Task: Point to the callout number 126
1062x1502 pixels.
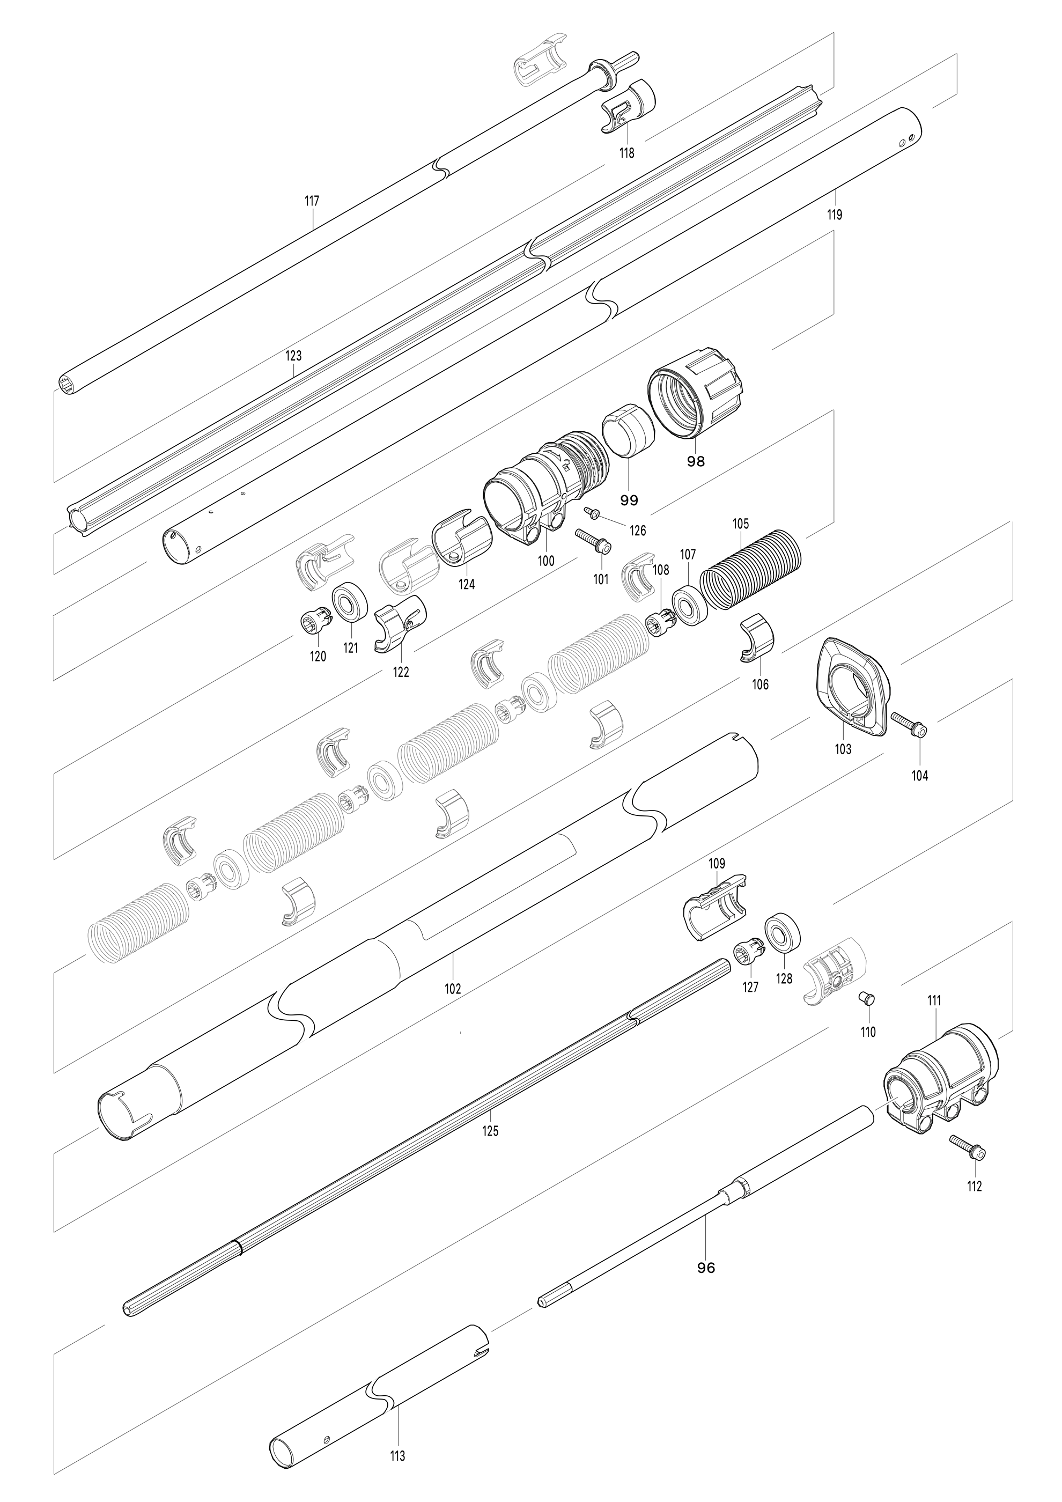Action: tap(638, 531)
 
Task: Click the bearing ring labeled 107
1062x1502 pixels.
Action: tap(689, 606)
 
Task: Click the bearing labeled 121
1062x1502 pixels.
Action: tap(350, 599)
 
